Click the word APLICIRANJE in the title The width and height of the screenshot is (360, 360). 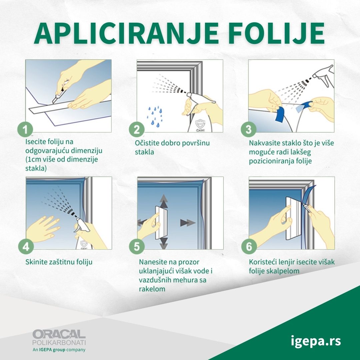126,33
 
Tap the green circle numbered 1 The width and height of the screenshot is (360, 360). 25,129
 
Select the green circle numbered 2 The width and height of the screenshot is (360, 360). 137,129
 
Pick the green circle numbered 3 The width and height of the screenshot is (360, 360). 249,129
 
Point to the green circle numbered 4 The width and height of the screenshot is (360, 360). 26,246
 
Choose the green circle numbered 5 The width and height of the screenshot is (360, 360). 137,246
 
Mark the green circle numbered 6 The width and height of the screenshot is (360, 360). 249,246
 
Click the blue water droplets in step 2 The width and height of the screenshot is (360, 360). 155,116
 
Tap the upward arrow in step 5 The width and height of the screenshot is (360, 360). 164,201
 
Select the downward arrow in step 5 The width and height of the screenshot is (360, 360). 164,243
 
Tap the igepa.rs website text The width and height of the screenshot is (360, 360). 316,341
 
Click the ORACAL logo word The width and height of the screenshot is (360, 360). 59,334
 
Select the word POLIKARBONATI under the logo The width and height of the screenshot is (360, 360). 59,343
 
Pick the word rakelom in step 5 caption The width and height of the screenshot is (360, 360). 152,289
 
